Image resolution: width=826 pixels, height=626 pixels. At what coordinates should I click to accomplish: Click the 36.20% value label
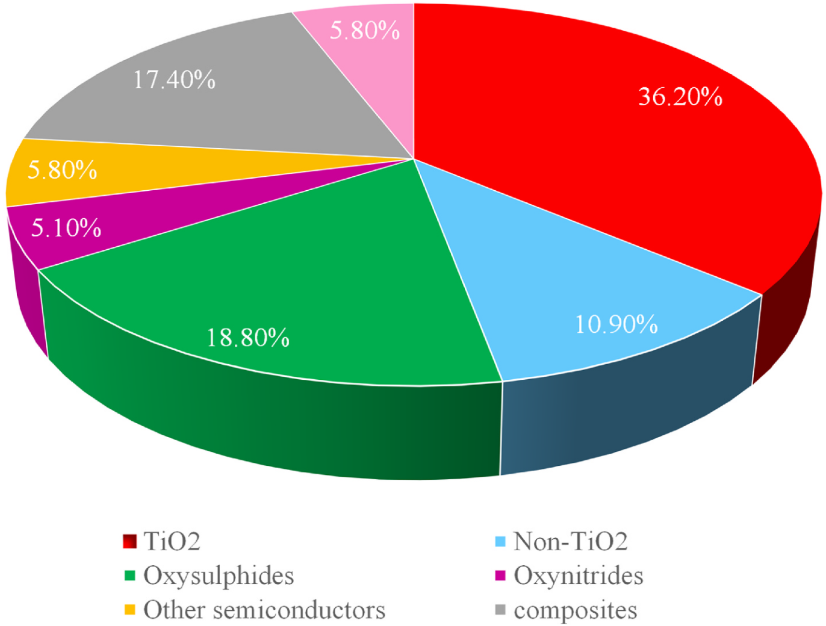(x=680, y=96)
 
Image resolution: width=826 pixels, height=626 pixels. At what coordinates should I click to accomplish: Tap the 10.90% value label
(x=616, y=324)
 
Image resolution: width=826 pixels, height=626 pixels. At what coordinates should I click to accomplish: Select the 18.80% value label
(x=248, y=338)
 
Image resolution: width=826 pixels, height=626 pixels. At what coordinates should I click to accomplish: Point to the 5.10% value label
(x=66, y=228)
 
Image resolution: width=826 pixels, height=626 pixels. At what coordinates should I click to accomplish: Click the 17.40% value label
(x=174, y=79)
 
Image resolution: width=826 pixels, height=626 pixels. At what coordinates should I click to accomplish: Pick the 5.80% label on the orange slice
(x=63, y=170)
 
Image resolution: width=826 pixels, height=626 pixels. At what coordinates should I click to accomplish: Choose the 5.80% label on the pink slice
(x=365, y=30)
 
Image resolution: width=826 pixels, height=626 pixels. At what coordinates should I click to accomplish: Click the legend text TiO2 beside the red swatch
(x=172, y=542)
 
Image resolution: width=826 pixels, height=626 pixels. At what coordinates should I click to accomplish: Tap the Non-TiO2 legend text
(x=570, y=542)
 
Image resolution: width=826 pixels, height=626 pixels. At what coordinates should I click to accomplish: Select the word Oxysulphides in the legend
(x=219, y=576)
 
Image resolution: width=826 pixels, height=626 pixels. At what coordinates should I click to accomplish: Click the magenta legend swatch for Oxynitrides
(x=499, y=576)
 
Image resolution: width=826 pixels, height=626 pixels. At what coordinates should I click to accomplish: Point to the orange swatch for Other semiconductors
(x=129, y=610)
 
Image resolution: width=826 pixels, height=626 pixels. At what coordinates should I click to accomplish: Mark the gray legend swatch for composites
(x=499, y=610)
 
